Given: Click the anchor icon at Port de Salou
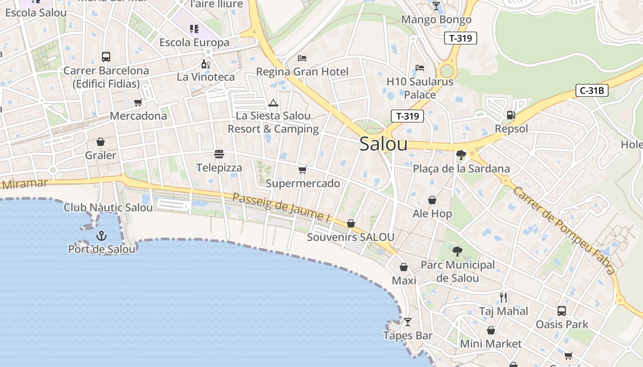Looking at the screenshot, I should click(102, 236).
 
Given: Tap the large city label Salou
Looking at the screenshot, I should click(384, 144).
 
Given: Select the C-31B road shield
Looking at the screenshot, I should click(592, 90).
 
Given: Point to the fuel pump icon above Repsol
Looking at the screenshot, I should click(511, 115).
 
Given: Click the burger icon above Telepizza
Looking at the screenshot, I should click(219, 154).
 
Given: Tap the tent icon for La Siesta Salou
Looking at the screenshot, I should click(273, 103).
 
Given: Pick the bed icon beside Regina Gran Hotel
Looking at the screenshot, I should click(302, 58).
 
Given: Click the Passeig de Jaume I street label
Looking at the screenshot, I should click(282, 208).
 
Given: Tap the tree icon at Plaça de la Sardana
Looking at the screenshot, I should click(461, 155).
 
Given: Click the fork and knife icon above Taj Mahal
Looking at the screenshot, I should click(503, 298).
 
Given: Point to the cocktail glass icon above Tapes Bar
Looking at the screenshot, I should click(407, 322).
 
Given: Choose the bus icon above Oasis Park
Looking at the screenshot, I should click(561, 311).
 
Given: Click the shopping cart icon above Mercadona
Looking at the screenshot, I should click(138, 102).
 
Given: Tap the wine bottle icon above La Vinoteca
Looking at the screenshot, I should click(205, 64).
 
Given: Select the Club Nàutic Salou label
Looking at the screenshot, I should click(108, 208).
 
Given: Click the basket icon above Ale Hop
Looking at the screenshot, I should click(432, 200).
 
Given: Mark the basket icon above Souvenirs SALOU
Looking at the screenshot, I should click(351, 223).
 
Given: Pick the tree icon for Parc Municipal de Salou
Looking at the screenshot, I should click(457, 251).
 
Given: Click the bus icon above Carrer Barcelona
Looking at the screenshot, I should click(106, 57).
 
